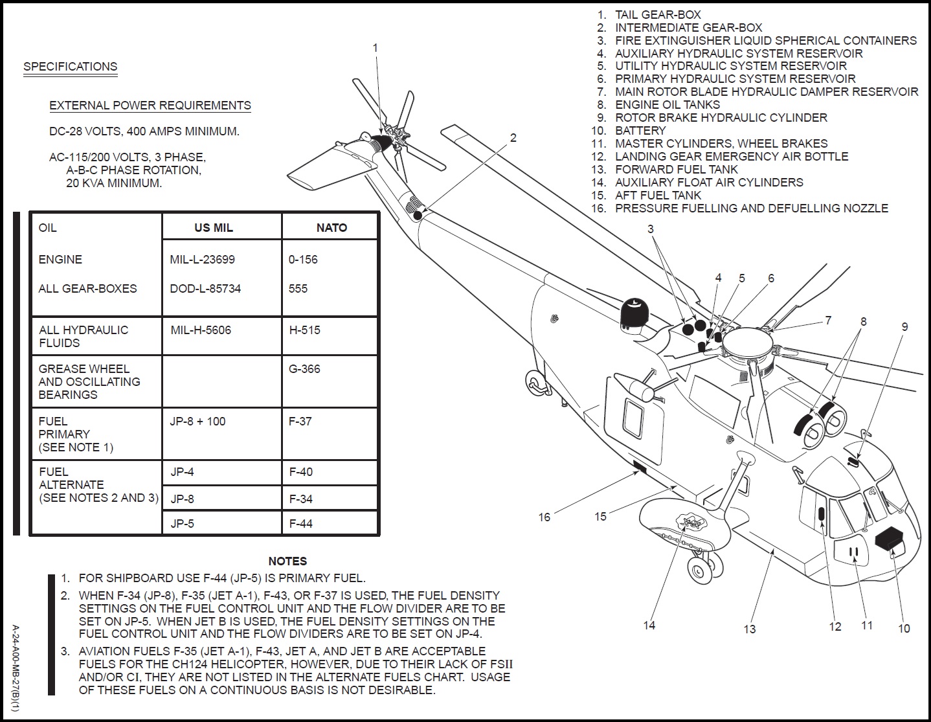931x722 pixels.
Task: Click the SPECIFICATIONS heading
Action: point(70,67)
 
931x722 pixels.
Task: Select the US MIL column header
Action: point(214,228)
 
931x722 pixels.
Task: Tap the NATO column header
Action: point(331,228)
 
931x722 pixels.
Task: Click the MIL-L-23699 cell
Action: point(202,260)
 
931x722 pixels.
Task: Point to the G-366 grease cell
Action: point(304,369)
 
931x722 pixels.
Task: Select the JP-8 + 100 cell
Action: point(197,422)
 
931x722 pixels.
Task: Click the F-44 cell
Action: point(300,524)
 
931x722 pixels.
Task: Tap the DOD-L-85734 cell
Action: point(205,289)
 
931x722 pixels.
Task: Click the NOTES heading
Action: point(287,561)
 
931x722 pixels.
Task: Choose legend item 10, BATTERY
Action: point(640,131)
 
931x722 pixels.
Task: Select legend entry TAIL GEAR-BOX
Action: point(657,15)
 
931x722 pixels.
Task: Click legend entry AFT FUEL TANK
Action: point(658,196)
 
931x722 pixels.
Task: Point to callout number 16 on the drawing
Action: point(544,517)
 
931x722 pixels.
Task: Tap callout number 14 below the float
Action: point(649,625)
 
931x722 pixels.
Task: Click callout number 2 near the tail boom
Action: point(513,138)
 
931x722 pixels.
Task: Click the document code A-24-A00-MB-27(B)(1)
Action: point(16,668)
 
